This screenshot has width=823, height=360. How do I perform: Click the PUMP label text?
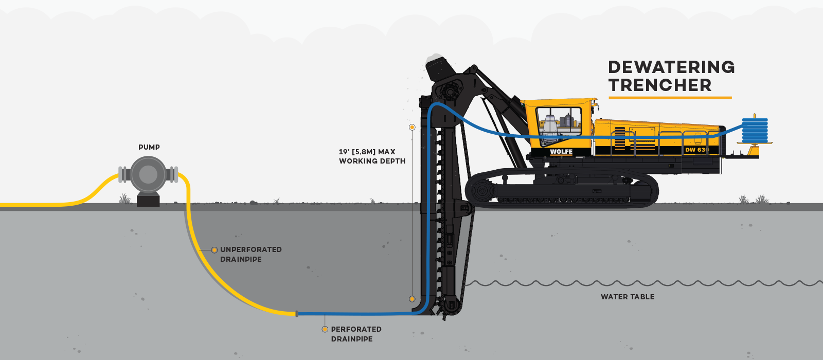coord(149,147)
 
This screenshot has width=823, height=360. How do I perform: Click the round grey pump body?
coord(148,175)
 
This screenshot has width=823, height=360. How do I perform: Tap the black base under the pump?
coord(148,200)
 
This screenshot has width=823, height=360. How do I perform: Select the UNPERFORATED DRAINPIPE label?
coord(251,254)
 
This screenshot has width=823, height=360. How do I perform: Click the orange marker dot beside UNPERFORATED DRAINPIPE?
coord(214,250)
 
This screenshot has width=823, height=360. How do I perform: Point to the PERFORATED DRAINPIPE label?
coord(356,334)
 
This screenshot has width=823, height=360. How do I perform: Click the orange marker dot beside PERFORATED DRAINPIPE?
coord(325,329)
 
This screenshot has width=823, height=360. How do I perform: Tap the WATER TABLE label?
coord(628,297)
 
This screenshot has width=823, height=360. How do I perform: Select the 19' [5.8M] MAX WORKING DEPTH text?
coord(372,156)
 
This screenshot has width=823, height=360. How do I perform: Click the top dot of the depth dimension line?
coord(412,127)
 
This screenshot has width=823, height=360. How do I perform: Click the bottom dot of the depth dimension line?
coord(412,299)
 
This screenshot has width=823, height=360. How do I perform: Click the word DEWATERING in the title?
coord(671,67)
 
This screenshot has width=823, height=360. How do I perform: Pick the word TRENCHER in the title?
coord(660,85)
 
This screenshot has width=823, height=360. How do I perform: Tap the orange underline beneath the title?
coord(670,97)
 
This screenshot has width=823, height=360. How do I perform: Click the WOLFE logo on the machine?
coord(561,152)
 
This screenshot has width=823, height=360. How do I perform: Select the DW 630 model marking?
coord(697,150)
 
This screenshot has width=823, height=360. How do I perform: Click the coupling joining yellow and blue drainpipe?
coord(297,313)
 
